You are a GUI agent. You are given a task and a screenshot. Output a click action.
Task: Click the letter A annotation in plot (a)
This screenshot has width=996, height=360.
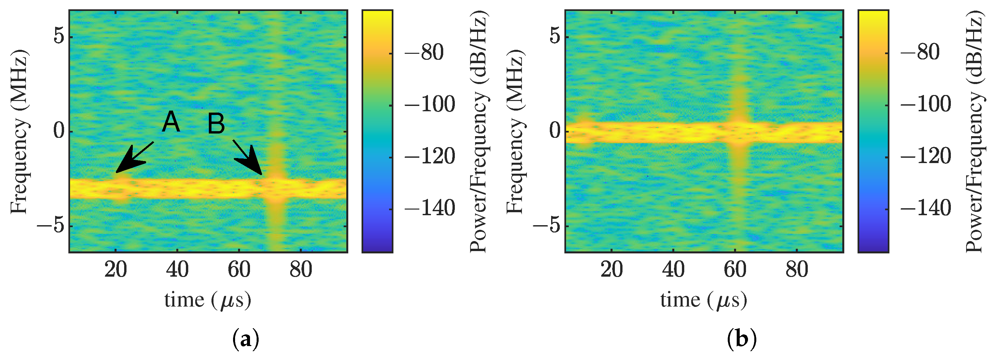pyautogui.click(x=171, y=122)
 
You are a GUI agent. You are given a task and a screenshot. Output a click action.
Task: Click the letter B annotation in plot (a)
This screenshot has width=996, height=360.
pyautogui.click(x=216, y=124)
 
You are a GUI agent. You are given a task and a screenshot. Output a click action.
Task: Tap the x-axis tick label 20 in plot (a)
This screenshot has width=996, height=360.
pyautogui.click(x=116, y=270)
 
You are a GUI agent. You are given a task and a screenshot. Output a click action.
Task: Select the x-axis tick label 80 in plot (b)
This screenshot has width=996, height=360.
pyautogui.click(x=796, y=270)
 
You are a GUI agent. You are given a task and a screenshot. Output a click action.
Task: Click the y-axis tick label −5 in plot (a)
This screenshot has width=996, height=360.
pyautogui.click(x=50, y=226)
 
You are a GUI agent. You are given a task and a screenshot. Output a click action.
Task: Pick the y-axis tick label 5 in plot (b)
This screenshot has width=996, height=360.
pyautogui.click(x=555, y=37)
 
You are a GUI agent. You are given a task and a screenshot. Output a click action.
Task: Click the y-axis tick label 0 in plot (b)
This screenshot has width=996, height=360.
pyautogui.click(x=555, y=131)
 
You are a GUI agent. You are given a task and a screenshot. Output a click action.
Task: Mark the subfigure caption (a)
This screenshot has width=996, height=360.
pyautogui.click(x=246, y=339)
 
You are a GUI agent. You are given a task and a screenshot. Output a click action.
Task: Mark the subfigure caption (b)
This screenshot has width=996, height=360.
pyautogui.click(x=742, y=339)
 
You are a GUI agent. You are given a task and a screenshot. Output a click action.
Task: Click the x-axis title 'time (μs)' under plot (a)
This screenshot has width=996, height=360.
pyautogui.click(x=207, y=301)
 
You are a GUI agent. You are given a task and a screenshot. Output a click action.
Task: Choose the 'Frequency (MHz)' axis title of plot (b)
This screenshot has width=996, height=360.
pyautogui.click(x=515, y=132)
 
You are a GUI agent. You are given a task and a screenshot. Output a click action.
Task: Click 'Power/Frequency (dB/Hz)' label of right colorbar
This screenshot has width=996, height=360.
pyautogui.click(x=974, y=132)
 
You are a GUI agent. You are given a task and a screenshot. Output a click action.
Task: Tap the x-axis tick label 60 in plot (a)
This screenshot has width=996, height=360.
pyautogui.click(x=239, y=270)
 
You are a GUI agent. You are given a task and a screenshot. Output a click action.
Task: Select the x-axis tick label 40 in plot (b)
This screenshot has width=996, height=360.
pyautogui.click(x=673, y=270)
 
